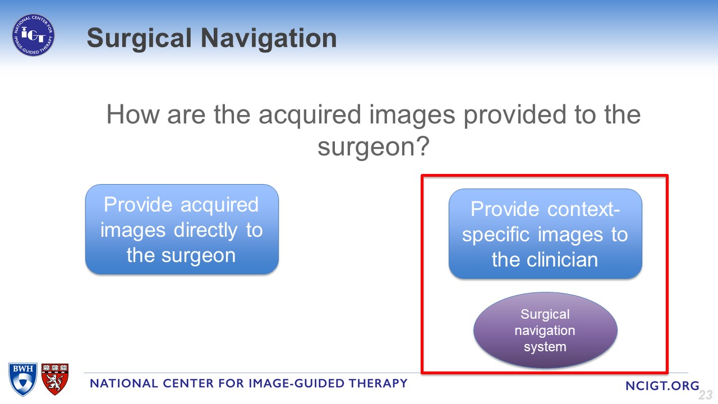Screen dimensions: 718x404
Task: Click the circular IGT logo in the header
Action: pos(33,35)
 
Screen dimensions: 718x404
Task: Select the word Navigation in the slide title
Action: pos(269,39)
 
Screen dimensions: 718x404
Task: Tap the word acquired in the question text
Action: pos(310,115)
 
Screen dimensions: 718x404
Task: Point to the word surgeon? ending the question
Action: pos(374,146)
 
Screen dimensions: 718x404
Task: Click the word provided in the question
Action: pos(515,115)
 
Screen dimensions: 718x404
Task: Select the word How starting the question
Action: pos(133,114)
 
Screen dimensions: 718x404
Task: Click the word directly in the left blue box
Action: pos(205,231)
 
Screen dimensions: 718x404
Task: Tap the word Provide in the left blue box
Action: pos(139,205)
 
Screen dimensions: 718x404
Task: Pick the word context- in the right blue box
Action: pos(584,209)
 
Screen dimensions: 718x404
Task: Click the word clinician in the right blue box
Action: pos(563,259)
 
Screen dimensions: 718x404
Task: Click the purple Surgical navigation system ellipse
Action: pos(545,330)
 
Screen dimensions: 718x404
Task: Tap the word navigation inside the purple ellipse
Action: pos(545,331)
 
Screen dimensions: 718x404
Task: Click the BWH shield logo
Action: pos(23,379)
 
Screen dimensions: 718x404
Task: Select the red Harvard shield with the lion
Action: pos(55,379)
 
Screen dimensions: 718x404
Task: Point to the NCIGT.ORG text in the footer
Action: pos(662,385)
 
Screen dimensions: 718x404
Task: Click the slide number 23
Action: pos(706,394)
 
